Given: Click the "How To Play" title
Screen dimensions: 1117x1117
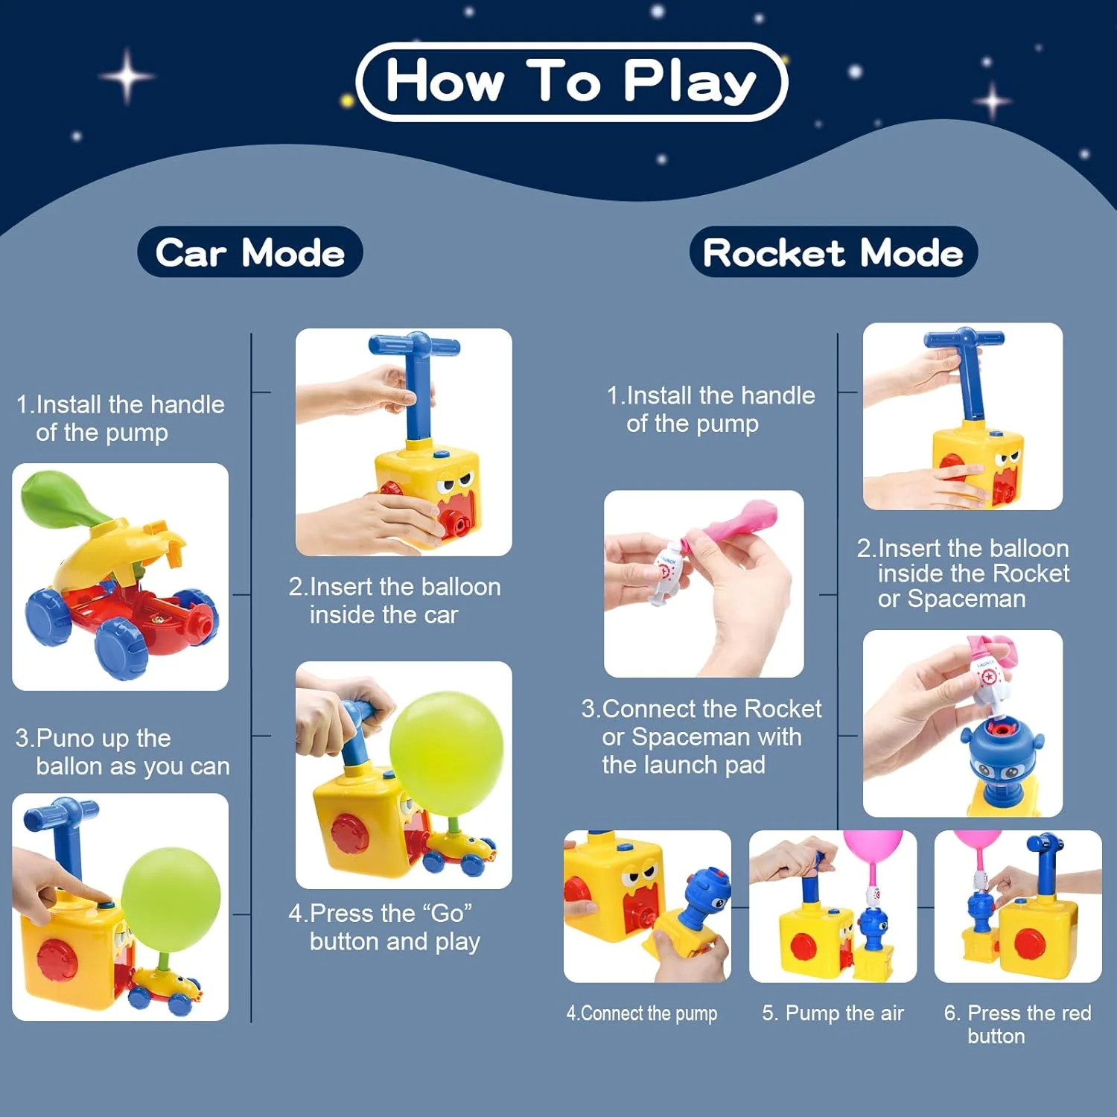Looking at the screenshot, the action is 571,81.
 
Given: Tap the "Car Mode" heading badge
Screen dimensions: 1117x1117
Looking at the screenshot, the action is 250,252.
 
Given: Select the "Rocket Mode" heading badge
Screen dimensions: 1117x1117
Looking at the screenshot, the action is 833,252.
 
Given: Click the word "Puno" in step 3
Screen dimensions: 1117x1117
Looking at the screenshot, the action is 65,739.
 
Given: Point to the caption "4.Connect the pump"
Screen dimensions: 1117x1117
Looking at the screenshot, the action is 642,1013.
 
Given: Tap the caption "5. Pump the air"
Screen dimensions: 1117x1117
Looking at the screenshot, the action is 833,1013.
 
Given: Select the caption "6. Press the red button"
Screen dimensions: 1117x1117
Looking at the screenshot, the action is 1017,1025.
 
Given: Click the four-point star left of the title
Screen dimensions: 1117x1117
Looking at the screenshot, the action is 127,76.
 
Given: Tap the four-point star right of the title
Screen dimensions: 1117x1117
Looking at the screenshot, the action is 993,101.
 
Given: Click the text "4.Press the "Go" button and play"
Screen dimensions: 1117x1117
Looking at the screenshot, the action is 384,927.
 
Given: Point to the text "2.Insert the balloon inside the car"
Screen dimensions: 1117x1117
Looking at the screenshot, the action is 395,601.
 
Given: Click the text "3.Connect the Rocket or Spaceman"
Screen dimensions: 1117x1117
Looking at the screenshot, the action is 701,722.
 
